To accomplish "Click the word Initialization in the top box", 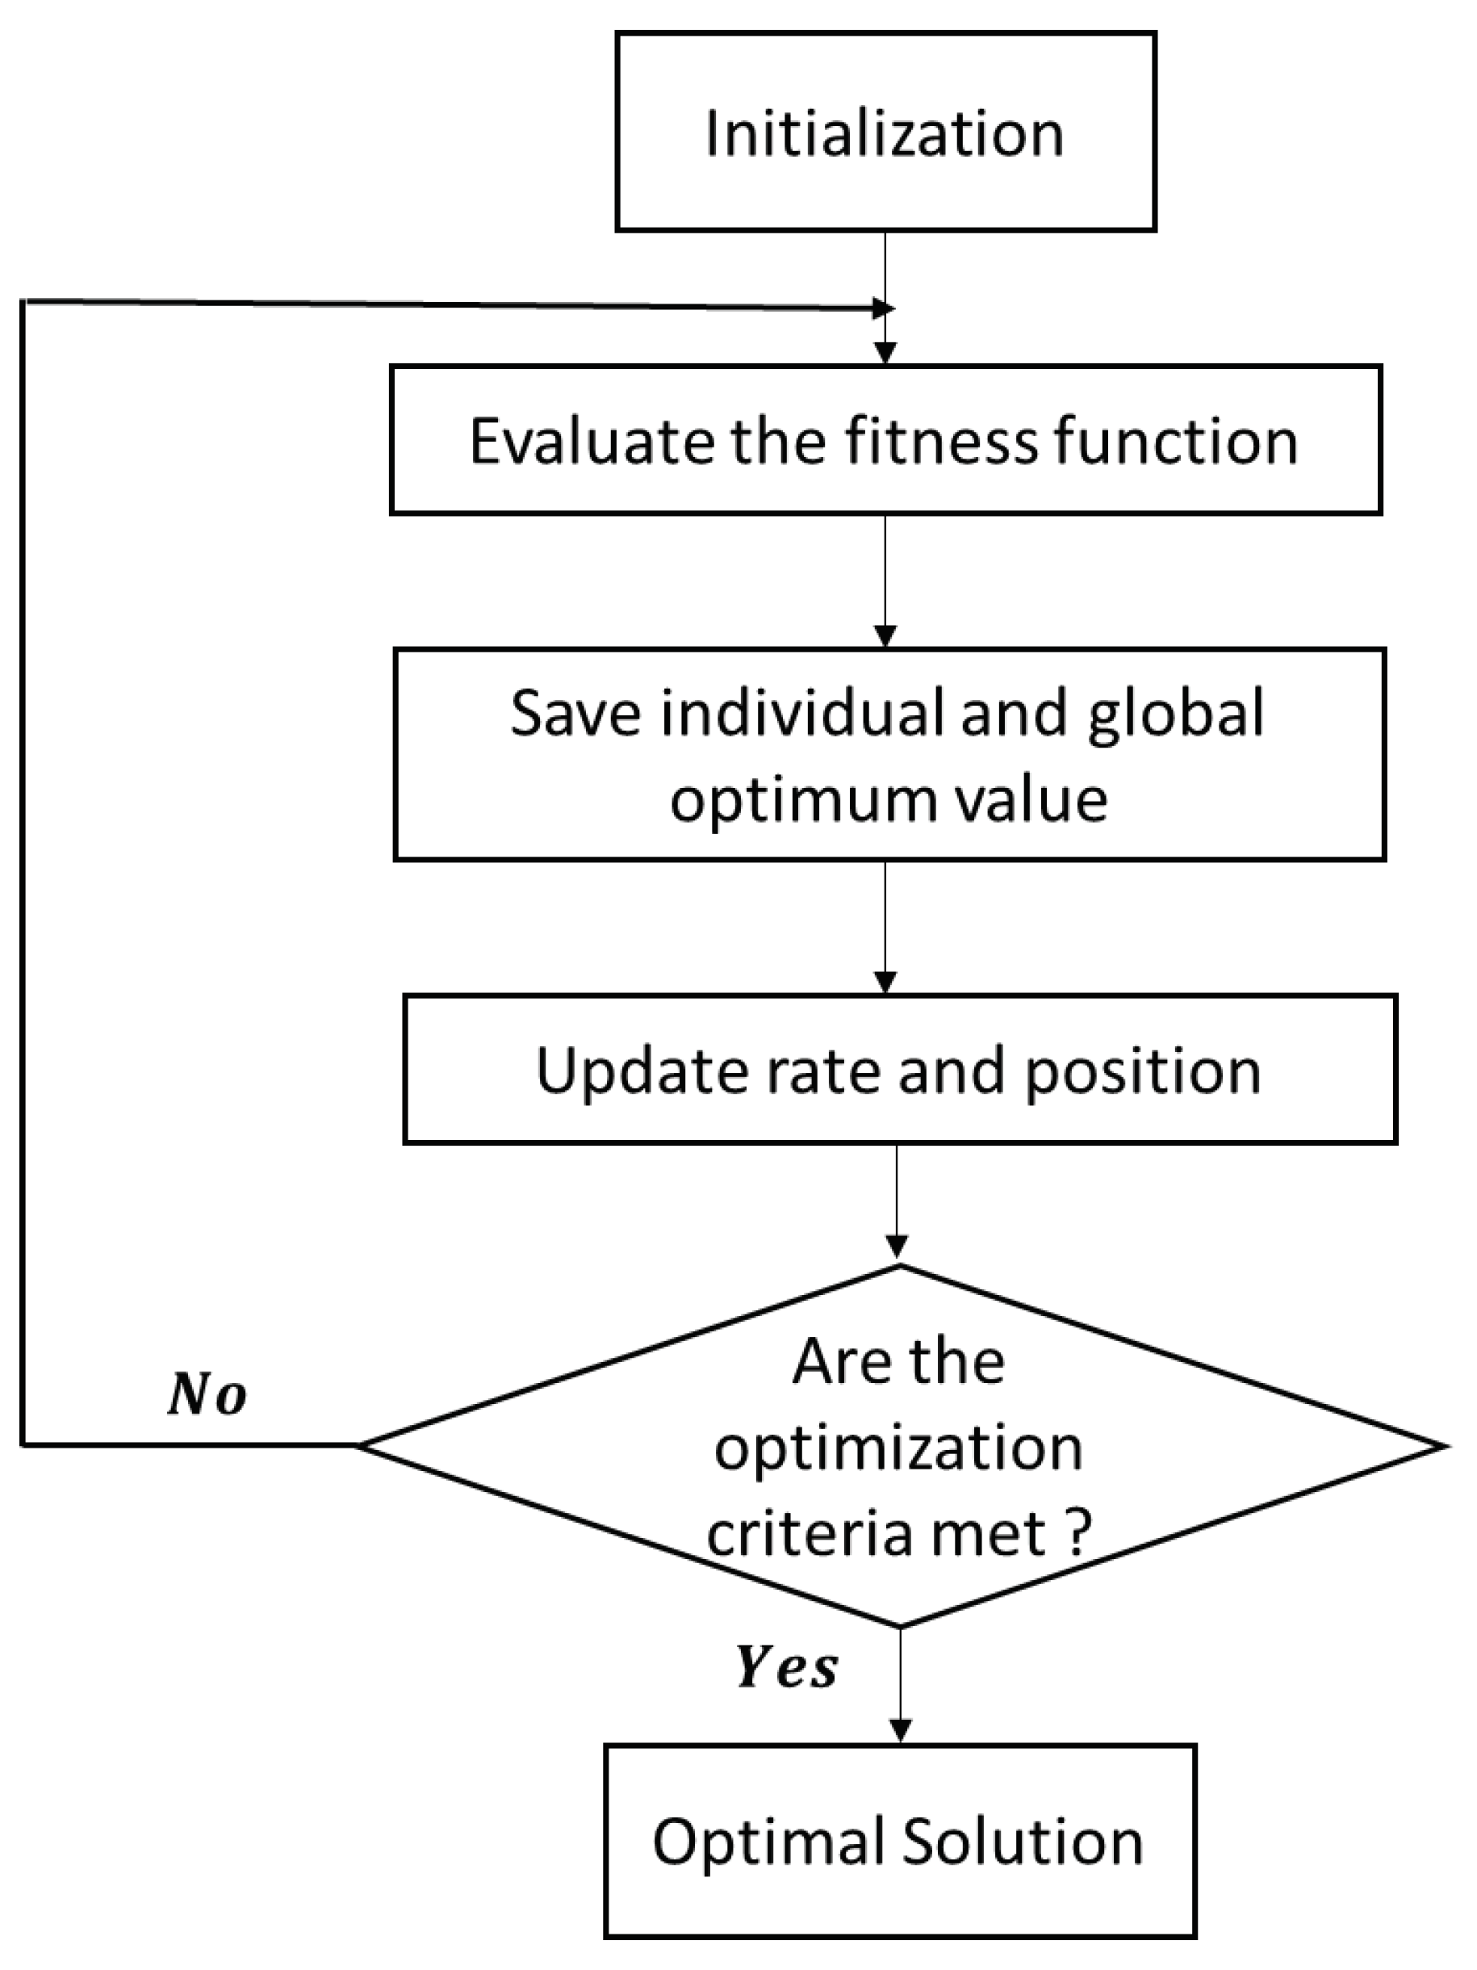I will click(x=884, y=133).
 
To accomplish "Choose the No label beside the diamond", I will click(x=207, y=1394).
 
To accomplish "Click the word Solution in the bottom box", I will click(x=1022, y=1841).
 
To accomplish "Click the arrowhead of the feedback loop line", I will click(x=881, y=309).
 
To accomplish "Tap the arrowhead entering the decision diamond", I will click(x=897, y=1246).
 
